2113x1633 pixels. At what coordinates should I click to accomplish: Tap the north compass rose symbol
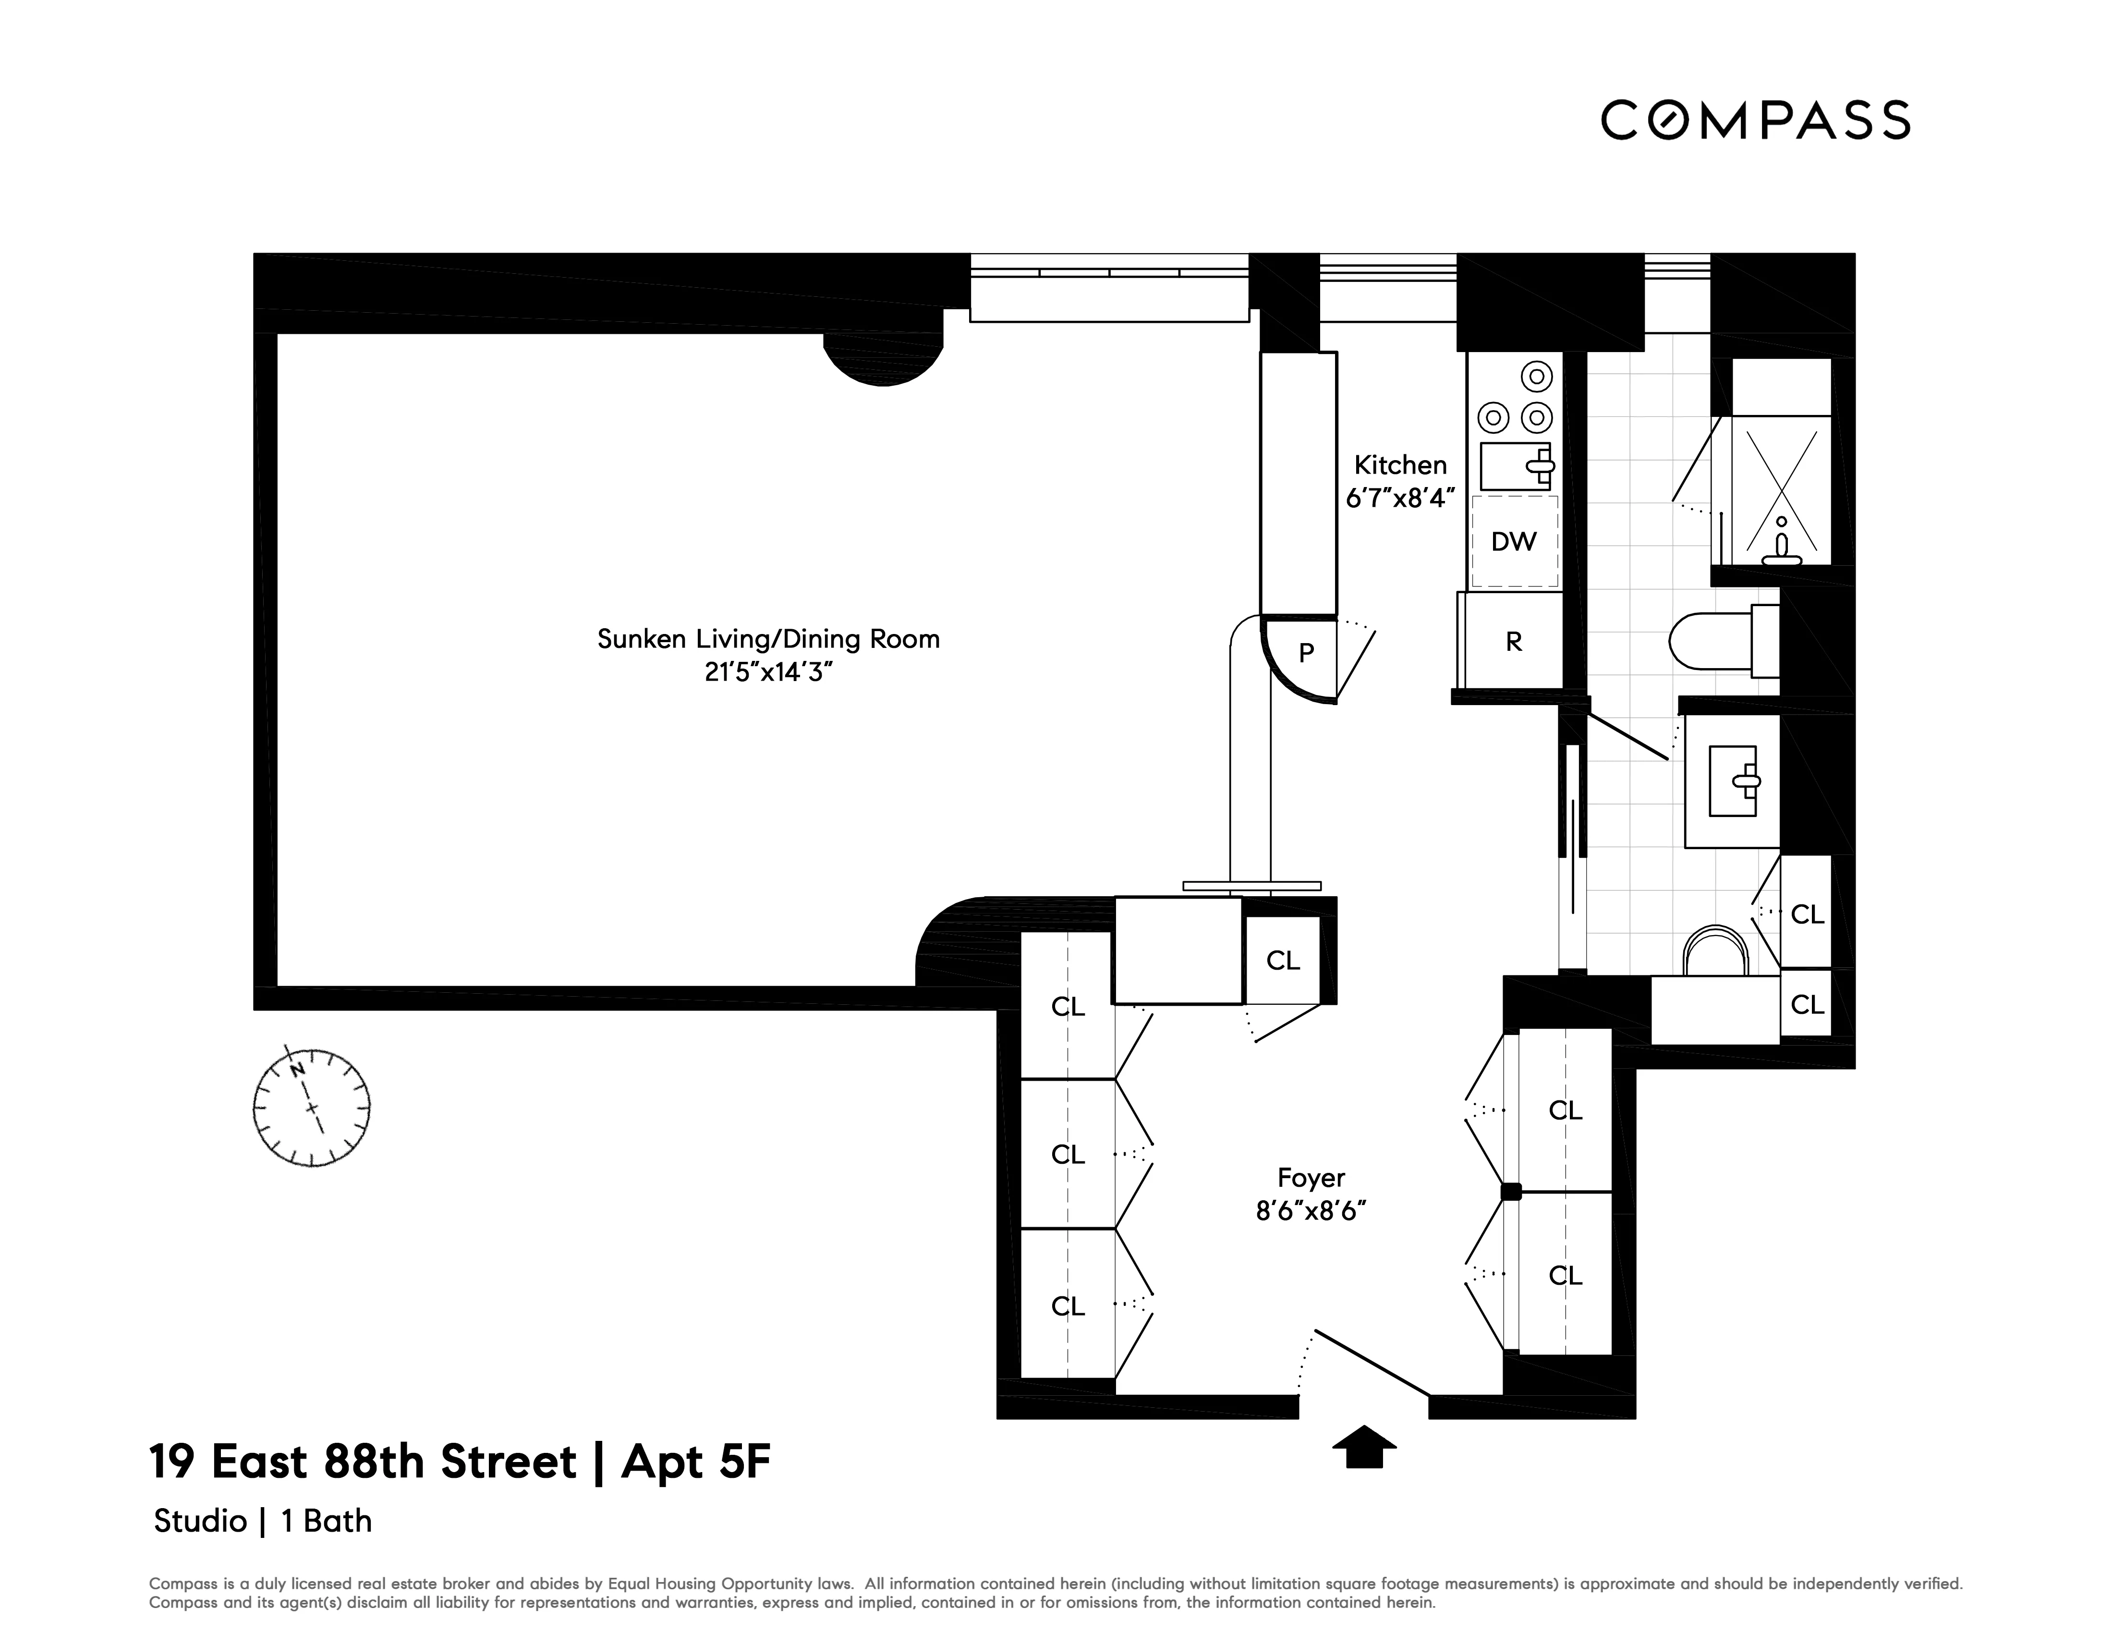[312, 1106]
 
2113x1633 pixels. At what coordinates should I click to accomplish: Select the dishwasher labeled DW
[1513, 542]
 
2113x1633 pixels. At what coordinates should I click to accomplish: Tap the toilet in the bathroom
[1722, 640]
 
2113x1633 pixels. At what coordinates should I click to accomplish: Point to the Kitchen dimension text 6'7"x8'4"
[1400, 498]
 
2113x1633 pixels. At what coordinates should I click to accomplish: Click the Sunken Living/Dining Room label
[768, 638]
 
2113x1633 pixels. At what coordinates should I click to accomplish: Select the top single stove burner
[1536, 376]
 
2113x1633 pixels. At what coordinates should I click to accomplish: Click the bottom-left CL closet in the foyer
[1068, 1306]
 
